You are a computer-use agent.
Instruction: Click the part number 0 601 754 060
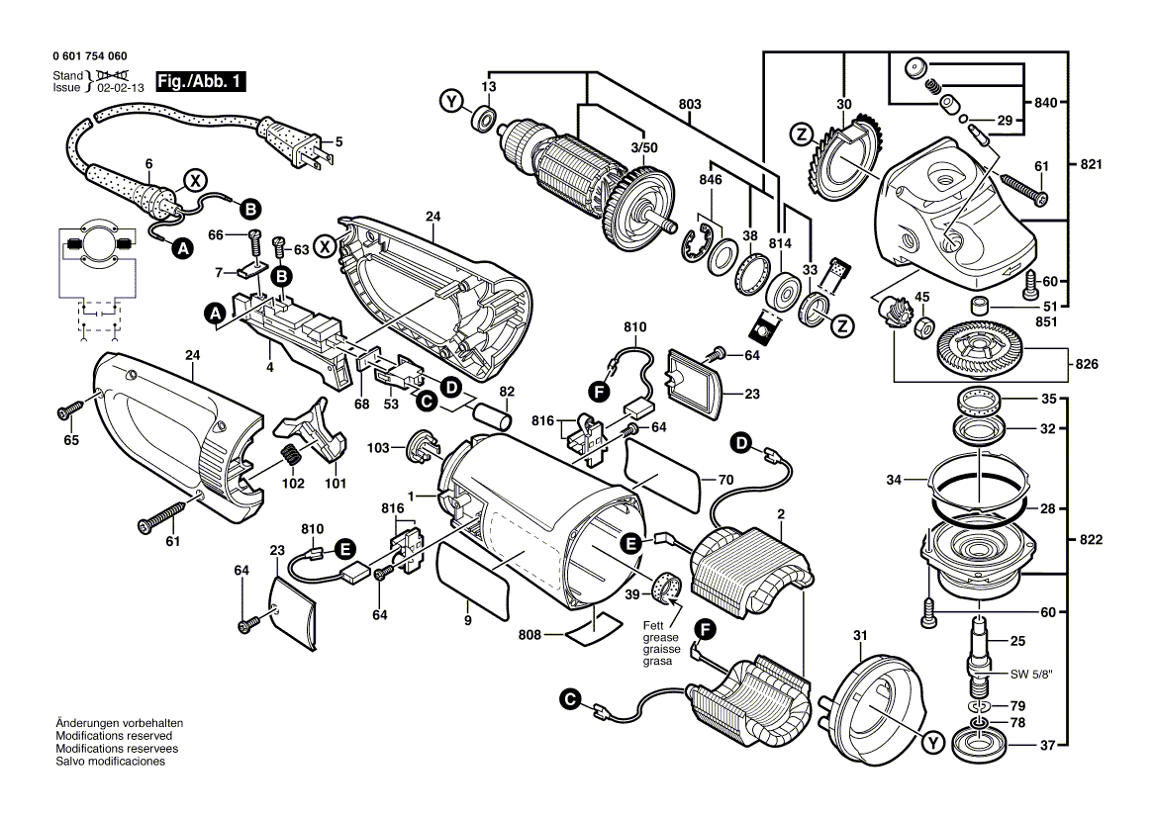click(x=90, y=57)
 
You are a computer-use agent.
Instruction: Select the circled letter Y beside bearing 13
click(x=451, y=102)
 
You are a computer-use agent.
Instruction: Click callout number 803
click(x=690, y=104)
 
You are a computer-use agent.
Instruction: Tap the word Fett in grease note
click(x=653, y=625)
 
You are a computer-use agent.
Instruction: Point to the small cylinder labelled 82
click(x=493, y=415)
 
